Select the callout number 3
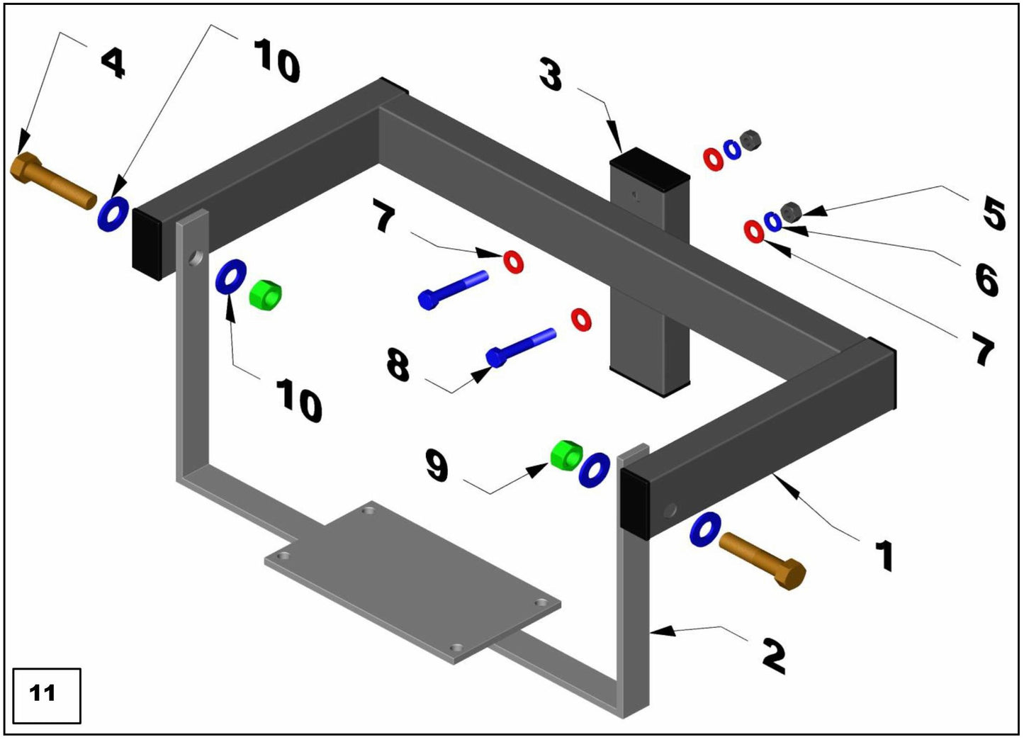[x=551, y=74]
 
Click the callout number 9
[x=437, y=466]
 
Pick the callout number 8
[x=398, y=365]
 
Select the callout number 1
[x=883, y=554]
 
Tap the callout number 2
[x=774, y=655]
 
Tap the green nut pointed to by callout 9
[x=566, y=454]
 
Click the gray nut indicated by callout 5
[x=790, y=210]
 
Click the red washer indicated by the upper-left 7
[x=513, y=262]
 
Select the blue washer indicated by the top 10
[x=113, y=213]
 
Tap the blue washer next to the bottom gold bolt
[x=705, y=529]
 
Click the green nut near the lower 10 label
[x=266, y=294]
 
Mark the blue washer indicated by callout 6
[x=773, y=221]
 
